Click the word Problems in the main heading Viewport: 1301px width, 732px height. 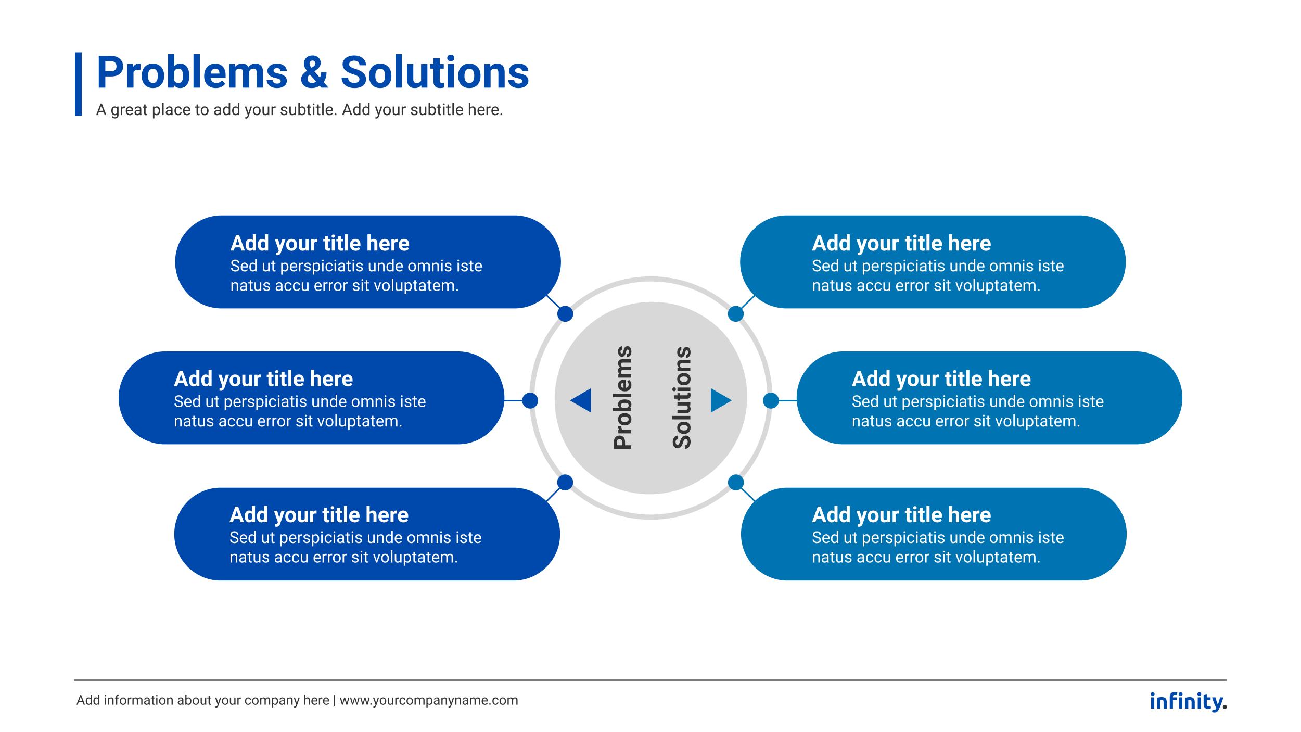[x=192, y=73]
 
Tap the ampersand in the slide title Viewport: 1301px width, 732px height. [x=314, y=73]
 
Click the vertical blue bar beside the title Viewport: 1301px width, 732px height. [x=78, y=84]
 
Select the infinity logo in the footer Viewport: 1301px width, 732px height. [x=1188, y=701]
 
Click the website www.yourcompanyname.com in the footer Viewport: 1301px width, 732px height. [x=429, y=701]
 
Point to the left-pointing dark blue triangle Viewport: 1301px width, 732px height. [x=581, y=400]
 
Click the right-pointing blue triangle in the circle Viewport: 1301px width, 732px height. [x=720, y=400]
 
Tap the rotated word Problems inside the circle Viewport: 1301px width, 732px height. [x=622, y=397]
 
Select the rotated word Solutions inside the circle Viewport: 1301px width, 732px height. [x=682, y=397]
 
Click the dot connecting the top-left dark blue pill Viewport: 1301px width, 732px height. [x=565, y=314]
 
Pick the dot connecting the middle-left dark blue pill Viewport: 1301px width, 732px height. [x=530, y=400]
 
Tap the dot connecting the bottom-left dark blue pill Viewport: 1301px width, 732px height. [x=565, y=483]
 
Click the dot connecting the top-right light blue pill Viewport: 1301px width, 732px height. [x=735, y=314]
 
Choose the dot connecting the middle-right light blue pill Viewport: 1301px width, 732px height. [x=771, y=400]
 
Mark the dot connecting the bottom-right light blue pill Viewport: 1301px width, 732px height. [x=735, y=483]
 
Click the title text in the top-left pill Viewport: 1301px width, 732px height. [x=320, y=243]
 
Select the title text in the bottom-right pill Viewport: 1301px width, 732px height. [x=901, y=515]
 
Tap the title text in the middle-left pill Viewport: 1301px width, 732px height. [x=263, y=379]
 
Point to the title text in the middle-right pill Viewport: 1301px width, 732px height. [x=941, y=379]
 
